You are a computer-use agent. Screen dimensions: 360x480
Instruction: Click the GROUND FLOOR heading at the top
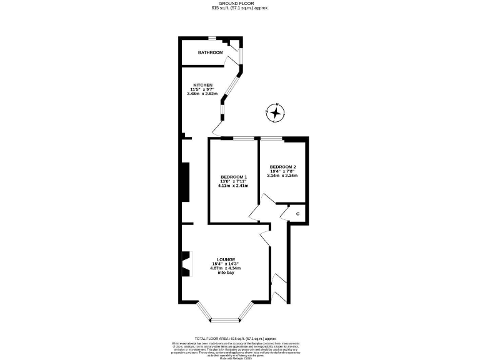pos(240,2)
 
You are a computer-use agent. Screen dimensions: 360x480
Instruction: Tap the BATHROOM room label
pos(210,52)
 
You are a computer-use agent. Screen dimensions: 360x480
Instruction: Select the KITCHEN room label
pos(202,85)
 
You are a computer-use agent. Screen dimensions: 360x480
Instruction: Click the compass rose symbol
pos(275,113)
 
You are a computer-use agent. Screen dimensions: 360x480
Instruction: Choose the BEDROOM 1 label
pos(233,177)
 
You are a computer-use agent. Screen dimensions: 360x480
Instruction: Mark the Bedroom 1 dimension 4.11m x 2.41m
pos(233,186)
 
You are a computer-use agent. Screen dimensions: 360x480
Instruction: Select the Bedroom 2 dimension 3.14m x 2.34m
pos(282,176)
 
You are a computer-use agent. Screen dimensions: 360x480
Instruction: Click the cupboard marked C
pos(297,214)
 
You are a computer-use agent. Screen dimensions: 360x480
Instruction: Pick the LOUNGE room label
pos(225,259)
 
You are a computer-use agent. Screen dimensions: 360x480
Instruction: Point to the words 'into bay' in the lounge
pos(225,273)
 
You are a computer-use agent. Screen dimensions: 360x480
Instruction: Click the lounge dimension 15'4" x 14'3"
pos(225,264)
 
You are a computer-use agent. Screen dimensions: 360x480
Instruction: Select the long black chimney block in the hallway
pos(184,182)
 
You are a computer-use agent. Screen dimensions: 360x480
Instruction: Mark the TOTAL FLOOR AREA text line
pos(240,337)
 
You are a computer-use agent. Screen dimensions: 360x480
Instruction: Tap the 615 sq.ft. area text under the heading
pos(240,8)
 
